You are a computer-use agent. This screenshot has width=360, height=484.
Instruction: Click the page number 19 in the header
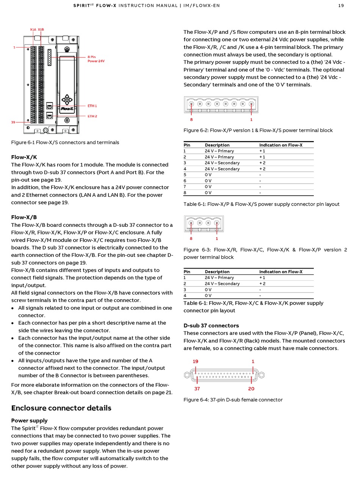click(341, 6)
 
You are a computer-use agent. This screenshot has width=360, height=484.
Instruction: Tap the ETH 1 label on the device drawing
click(92, 106)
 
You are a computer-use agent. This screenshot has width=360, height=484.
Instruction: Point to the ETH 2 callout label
click(92, 116)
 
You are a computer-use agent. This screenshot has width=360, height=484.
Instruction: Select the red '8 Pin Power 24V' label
click(96, 59)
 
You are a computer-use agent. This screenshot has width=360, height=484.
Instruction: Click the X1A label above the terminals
click(33, 30)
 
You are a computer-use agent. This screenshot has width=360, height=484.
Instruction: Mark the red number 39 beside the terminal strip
click(13, 122)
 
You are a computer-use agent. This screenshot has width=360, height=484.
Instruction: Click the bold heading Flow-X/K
click(24, 157)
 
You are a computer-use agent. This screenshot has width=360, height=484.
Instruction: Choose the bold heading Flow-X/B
click(24, 217)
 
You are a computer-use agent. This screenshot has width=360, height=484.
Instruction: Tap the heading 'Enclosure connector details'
click(61, 408)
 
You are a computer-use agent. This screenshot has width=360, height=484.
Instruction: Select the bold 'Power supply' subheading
click(29, 420)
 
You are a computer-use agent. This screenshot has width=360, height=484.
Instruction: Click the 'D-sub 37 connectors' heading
click(211, 325)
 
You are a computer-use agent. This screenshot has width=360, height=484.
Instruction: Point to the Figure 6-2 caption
click(258, 130)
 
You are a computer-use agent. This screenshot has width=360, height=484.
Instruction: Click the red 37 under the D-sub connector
click(197, 388)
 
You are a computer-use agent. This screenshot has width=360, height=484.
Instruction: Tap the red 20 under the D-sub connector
click(251, 388)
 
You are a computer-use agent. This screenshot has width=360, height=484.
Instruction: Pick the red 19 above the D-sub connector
click(196, 361)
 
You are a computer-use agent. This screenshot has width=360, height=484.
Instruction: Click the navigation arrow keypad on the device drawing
click(67, 100)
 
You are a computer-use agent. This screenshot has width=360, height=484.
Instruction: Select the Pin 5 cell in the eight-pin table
click(185, 175)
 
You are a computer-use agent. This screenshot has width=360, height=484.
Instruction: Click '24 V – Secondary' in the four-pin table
click(222, 284)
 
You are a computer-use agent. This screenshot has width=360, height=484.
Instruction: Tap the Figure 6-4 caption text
click(233, 400)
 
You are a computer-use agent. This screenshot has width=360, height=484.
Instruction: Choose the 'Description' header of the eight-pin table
click(217, 145)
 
